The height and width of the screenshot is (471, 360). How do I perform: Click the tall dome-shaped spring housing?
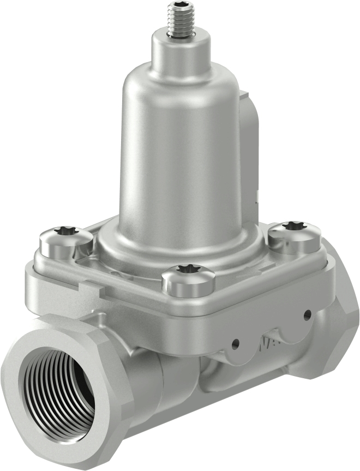tap(180, 147)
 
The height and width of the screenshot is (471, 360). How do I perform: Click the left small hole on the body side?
tap(235, 344)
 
